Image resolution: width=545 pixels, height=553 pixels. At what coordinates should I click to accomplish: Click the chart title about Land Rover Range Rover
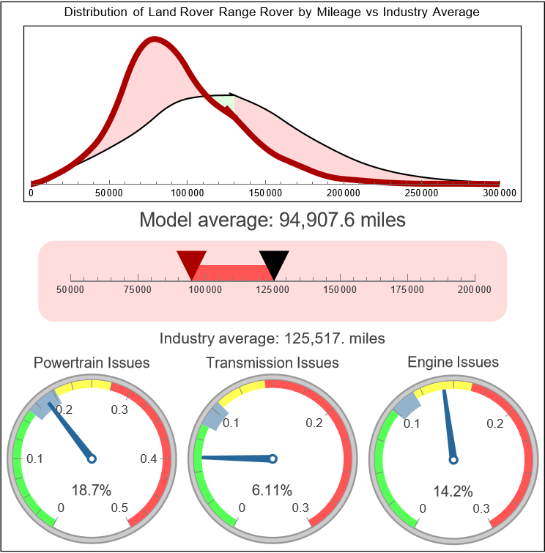pos(272,12)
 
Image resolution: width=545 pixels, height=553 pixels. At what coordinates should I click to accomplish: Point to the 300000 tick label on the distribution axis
pos(500,193)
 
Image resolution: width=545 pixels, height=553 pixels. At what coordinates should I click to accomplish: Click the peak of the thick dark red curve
pos(152,40)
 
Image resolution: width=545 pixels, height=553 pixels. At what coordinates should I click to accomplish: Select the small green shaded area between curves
pos(228,103)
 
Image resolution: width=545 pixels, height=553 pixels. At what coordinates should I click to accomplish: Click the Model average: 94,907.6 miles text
pos(272,220)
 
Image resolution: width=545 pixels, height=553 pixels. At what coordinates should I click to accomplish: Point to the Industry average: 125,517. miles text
pos(272,338)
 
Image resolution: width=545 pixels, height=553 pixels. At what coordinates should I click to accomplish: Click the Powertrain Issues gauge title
pos(92,363)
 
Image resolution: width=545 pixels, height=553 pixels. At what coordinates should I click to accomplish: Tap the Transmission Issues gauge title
pos(272,363)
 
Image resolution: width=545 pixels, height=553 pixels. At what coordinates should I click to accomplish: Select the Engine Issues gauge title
pos(453,362)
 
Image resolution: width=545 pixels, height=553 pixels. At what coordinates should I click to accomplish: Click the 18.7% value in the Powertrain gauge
pos(92,490)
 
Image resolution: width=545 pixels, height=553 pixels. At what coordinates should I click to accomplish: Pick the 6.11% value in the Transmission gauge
pos(272,490)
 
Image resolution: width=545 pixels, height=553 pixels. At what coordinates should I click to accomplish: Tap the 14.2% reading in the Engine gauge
pos(453,490)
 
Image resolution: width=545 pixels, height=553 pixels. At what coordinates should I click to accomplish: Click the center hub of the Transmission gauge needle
pos(272,459)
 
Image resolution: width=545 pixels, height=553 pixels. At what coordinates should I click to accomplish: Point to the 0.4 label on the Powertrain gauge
pos(149,459)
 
